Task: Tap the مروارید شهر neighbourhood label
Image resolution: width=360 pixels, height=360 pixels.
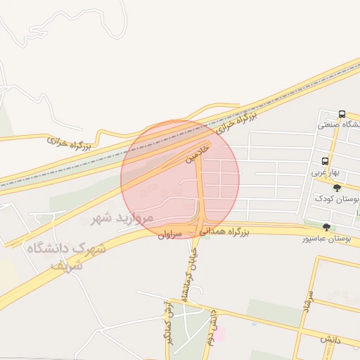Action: pyautogui.click(x=122, y=218)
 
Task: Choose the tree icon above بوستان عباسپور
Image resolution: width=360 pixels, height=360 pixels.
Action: pyautogui.click(x=326, y=226)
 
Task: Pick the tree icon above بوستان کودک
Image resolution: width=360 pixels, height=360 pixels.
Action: pyautogui.click(x=337, y=188)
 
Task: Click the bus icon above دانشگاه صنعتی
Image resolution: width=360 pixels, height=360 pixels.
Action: pyautogui.click(x=342, y=114)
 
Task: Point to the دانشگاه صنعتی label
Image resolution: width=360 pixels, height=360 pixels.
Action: pyautogui.click(x=338, y=125)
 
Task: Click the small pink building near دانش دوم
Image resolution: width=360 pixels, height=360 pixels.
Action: pyautogui.click(x=219, y=333)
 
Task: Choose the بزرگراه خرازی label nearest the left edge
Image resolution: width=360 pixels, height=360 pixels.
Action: pyautogui.click(x=70, y=143)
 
